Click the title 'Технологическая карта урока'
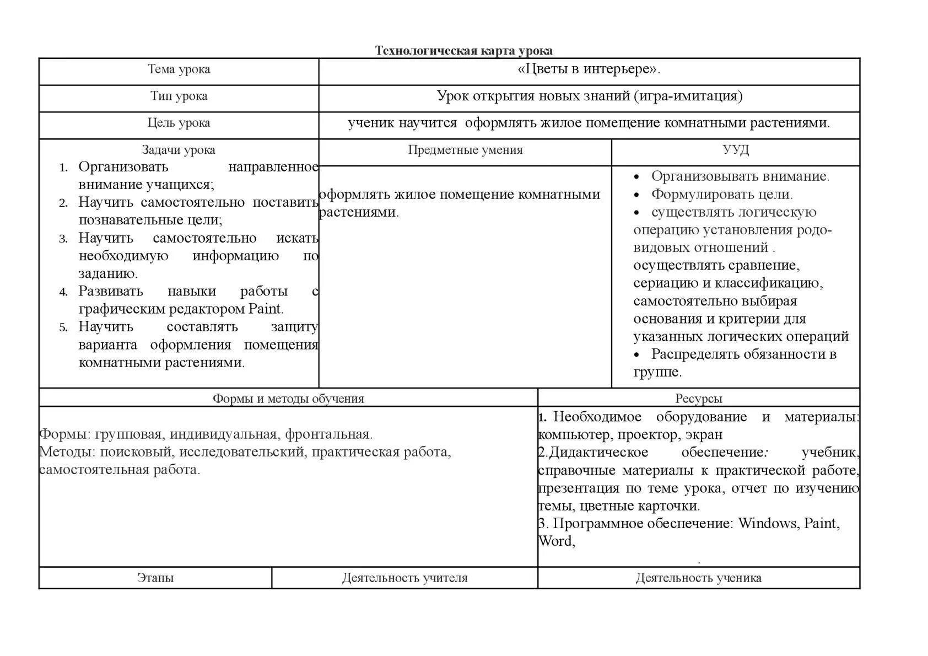click(x=463, y=51)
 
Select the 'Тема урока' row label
click(x=179, y=69)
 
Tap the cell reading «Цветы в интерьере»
click(x=589, y=69)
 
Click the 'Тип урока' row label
click(x=179, y=96)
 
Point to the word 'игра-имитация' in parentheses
click(x=687, y=96)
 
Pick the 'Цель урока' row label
click(x=179, y=123)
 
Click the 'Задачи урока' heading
click(x=179, y=150)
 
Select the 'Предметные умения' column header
click(x=465, y=150)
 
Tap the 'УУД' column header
click(x=735, y=150)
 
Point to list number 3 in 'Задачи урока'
click(x=63, y=239)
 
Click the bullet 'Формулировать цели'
click(x=721, y=195)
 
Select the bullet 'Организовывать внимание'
click(x=740, y=176)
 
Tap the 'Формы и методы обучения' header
click(x=288, y=399)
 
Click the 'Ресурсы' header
click(x=698, y=399)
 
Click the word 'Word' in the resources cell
click(x=555, y=541)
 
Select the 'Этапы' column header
click(x=155, y=578)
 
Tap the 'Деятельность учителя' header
click(x=404, y=578)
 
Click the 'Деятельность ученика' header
click(x=698, y=578)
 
